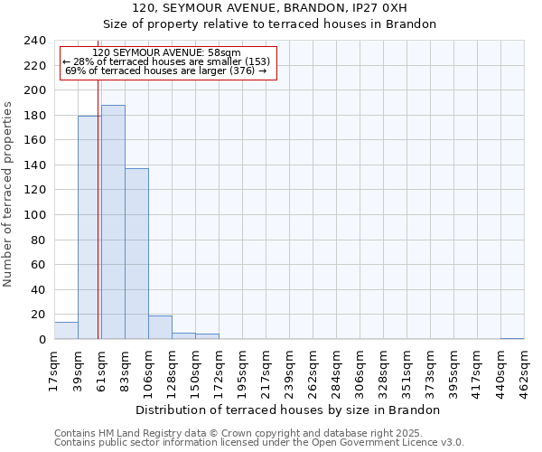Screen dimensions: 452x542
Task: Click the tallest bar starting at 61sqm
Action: click(x=113, y=222)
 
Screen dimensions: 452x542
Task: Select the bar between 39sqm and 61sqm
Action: click(x=89, y=228)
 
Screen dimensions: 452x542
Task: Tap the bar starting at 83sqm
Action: click(x=136, y=254)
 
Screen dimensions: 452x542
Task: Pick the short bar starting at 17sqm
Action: click(x=66, y=331)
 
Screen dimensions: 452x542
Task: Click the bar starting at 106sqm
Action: click(x=160, y=327)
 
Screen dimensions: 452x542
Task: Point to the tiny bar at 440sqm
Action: click(x=512, y=338)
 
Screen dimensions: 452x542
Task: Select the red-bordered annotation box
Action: click(x=168, y=62)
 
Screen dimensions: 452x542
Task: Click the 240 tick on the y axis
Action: click(x=35, y=41)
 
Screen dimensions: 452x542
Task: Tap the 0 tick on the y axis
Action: click(x=42, y=340)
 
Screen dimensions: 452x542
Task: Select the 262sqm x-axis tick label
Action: click(x=313, y=369)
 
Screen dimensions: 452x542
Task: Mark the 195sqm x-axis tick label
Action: click(x=242, y=369)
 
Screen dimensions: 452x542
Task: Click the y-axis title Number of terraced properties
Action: click(x=9, y=193)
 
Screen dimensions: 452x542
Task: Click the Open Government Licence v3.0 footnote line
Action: click(x=259, y=443)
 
